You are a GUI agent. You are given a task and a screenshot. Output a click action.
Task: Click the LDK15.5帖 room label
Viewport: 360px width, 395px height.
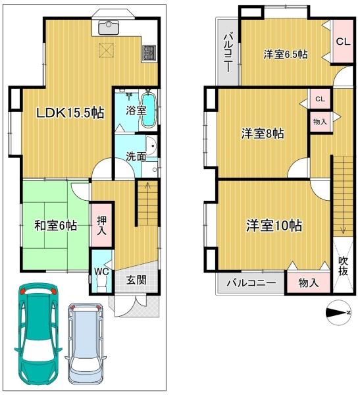70,113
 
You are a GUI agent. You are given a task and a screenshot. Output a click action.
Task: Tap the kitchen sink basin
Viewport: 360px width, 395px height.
109,28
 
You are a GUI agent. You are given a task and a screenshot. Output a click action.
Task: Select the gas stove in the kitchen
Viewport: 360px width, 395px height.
149,53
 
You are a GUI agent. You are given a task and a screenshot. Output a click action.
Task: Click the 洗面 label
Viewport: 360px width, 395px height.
136,157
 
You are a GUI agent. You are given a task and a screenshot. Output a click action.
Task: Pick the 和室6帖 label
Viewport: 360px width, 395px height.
56,225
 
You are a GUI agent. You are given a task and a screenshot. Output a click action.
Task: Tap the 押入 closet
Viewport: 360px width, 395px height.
102,225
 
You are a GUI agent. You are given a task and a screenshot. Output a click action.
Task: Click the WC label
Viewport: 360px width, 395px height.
102,271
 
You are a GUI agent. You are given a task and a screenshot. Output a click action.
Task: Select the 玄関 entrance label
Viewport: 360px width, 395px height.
136,280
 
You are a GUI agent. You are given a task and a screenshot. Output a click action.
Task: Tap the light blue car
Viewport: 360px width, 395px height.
85,347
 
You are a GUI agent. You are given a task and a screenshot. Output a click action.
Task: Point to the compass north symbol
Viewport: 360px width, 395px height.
338,313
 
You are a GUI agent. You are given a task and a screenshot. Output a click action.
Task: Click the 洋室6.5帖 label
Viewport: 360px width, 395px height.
286,54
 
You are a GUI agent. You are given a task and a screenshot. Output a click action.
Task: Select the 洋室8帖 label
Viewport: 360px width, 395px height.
263,134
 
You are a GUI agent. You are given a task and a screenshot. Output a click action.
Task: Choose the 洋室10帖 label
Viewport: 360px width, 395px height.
274,225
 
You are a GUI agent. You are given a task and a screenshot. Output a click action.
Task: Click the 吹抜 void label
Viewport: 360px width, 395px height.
343,266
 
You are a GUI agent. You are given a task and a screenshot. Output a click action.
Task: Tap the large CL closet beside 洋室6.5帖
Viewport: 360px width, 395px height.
343,41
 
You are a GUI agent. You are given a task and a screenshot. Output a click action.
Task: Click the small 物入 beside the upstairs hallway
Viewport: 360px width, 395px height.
320,122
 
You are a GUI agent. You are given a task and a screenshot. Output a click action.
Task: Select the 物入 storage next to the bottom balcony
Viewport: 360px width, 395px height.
309,282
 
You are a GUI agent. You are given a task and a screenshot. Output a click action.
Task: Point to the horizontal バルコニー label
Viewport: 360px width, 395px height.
251,283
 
